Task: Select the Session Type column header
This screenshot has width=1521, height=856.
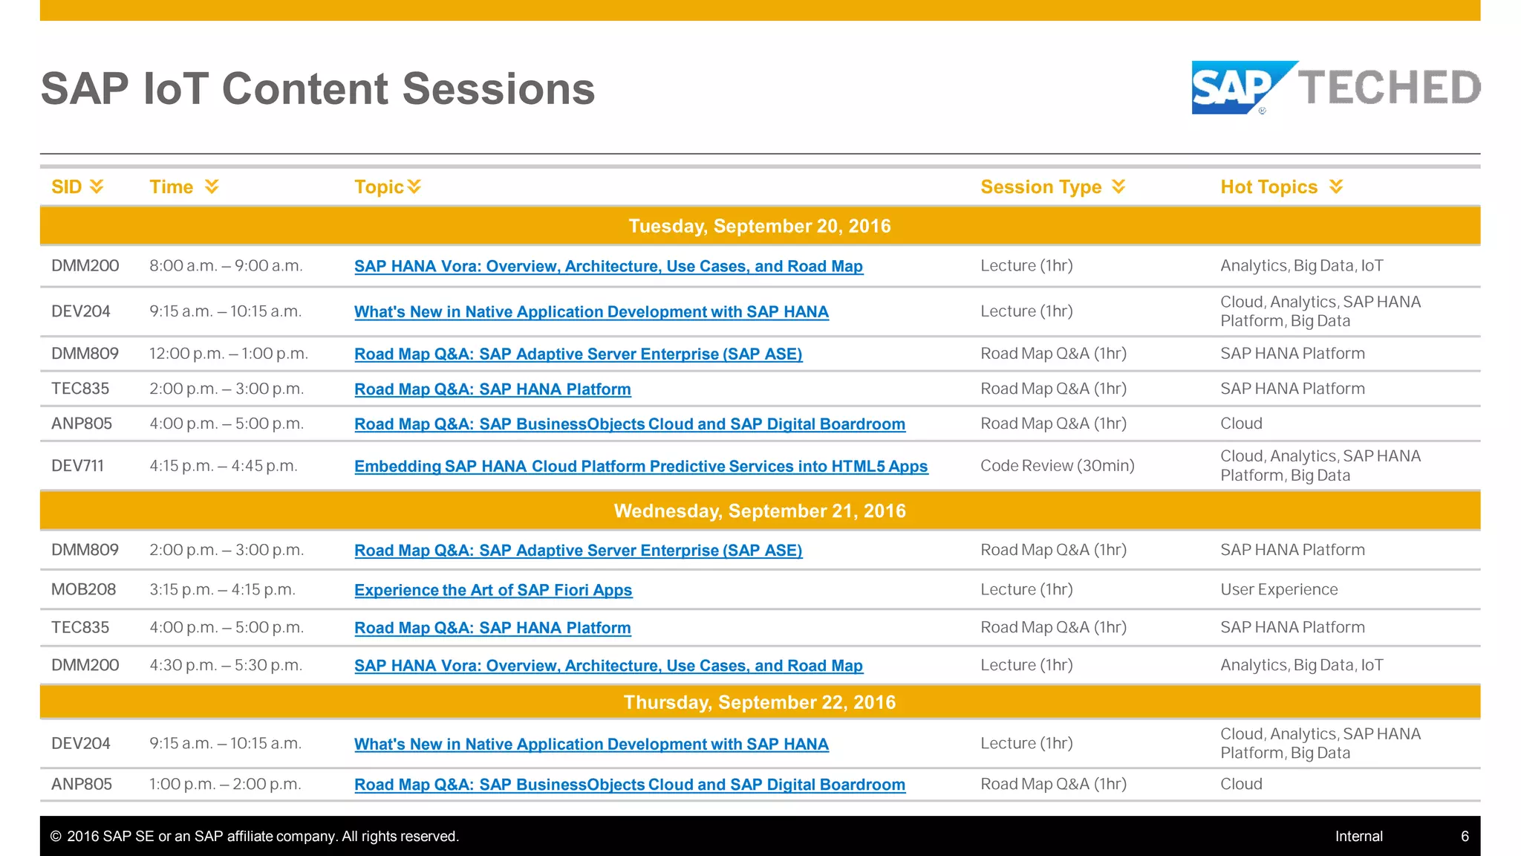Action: point(1040,187)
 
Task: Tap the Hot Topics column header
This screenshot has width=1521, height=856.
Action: point(1268,187)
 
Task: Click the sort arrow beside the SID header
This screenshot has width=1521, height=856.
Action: point(97,187)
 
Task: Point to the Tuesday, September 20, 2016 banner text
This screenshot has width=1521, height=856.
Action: point(759,226)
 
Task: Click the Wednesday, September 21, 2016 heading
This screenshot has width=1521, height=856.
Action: point(759,511)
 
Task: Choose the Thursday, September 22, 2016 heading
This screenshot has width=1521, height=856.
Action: point(759,702)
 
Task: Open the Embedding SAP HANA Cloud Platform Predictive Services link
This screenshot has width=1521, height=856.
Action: point(640,467)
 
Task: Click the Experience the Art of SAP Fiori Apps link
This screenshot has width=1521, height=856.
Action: point(493,590)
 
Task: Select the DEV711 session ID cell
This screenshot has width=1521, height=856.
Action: point(77,466)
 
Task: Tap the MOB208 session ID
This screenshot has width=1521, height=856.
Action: point(83,589)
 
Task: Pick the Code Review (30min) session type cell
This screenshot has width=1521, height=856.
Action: point(1057,466)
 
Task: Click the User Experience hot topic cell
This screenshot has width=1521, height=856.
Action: point(1279,589)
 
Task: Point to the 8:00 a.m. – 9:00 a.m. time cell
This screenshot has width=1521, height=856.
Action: point(226,266)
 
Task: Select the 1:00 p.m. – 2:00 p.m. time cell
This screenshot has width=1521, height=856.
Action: point(225,784)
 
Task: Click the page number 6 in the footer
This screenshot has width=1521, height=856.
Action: point(1465,837)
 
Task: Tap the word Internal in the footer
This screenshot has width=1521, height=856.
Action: point(1358,837)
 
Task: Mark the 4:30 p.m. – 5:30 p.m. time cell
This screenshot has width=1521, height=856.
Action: point(226,665)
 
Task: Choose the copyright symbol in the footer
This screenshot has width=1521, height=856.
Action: point(56,837)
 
